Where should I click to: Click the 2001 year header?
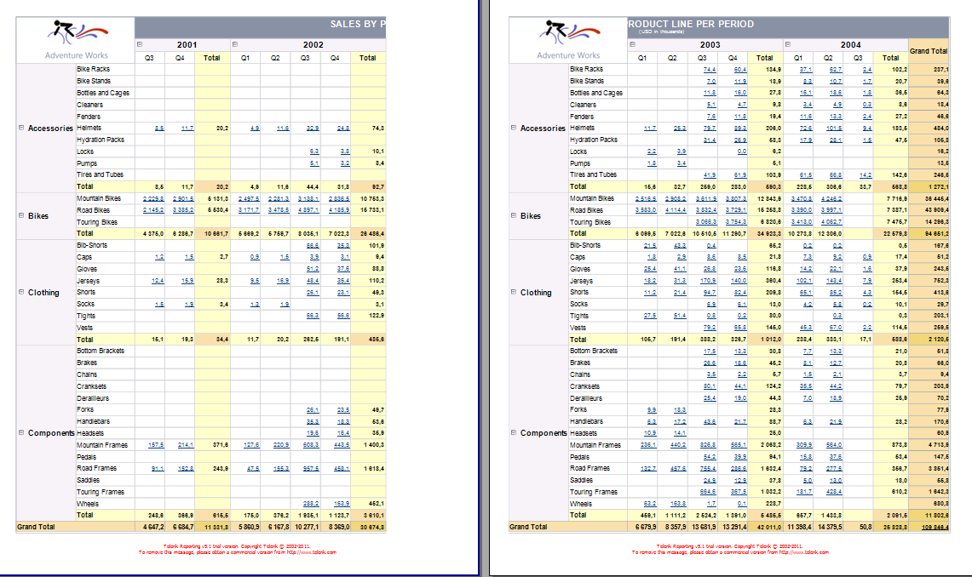tap(188, 44)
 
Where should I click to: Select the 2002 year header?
tap(313, 44)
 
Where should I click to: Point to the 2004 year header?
tap(849, 44)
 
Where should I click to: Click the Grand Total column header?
tap(929, 51)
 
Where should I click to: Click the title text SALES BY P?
tap(358, 25)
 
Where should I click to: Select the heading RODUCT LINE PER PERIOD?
tap(679, 24)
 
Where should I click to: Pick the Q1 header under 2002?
tap(244, 58)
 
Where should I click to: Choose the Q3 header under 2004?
tap(866, 58)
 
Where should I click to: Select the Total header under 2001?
tap(211, 58)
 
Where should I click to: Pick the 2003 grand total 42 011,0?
tap(765, 527)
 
